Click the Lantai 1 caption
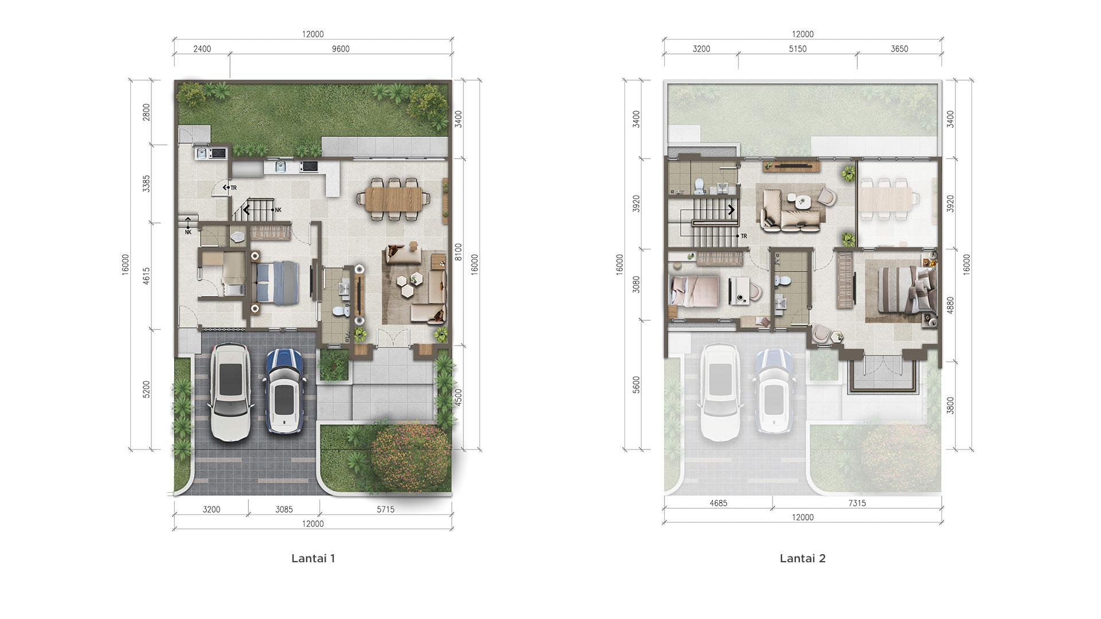click(313, 558)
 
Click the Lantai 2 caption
click(803, 558)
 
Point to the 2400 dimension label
click(202, 49)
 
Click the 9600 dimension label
click(341, 49)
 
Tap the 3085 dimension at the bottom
click(284, 509)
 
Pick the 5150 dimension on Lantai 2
click(798, 49)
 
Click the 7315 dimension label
click(857, 503)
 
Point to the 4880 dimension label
click(951, 304)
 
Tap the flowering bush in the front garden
click(411, 457)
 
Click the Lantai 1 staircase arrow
click(247, 210)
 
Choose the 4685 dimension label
click(718, 503)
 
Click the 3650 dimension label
click(899, 49)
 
